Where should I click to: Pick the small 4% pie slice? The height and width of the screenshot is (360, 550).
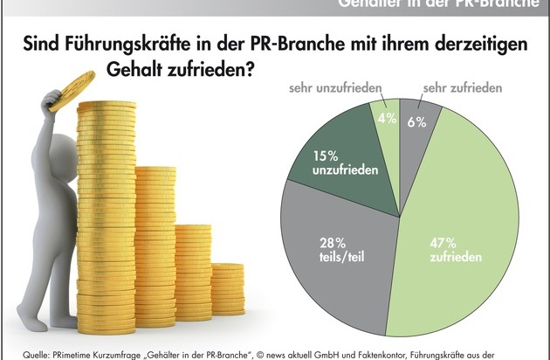click(385, 122)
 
